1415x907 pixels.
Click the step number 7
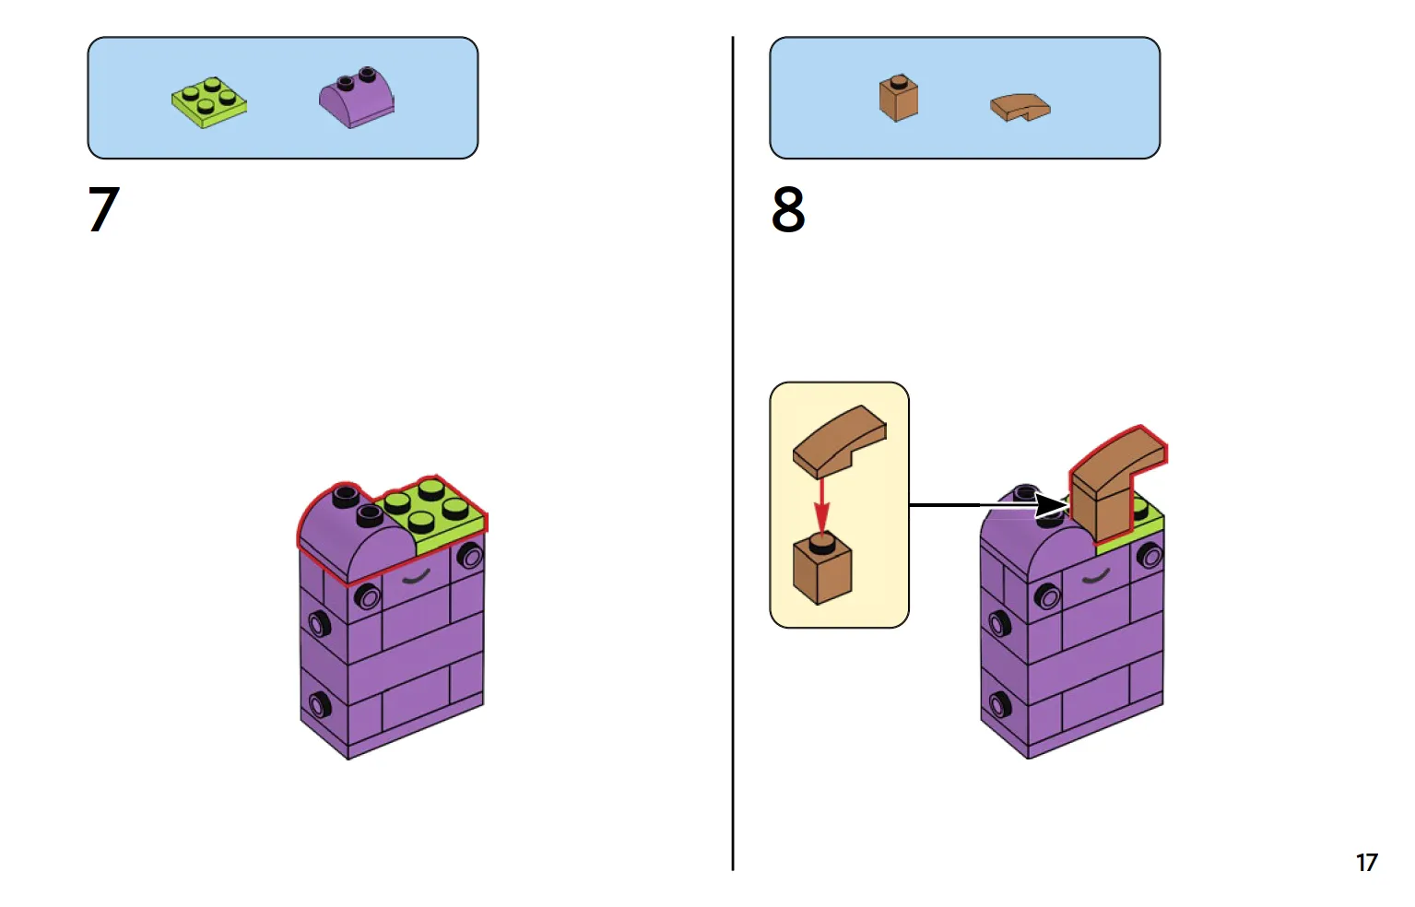(104, 209)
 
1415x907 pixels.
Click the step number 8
(788, 209)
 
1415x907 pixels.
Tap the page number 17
(1366, 863)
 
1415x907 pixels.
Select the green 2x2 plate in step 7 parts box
(209, 101)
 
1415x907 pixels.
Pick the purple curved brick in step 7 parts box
(357, 98)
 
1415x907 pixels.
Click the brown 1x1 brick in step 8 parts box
(898, 99)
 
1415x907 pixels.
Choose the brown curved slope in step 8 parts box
(1020, 107)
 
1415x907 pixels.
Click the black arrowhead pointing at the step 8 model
(1050, 505)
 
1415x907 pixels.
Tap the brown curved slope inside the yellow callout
(838, 440)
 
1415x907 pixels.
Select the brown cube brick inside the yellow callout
(822, 571)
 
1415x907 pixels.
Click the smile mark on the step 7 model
(417, 578)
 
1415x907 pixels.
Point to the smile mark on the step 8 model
(1095, 578)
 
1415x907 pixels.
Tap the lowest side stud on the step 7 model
(320, 706)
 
